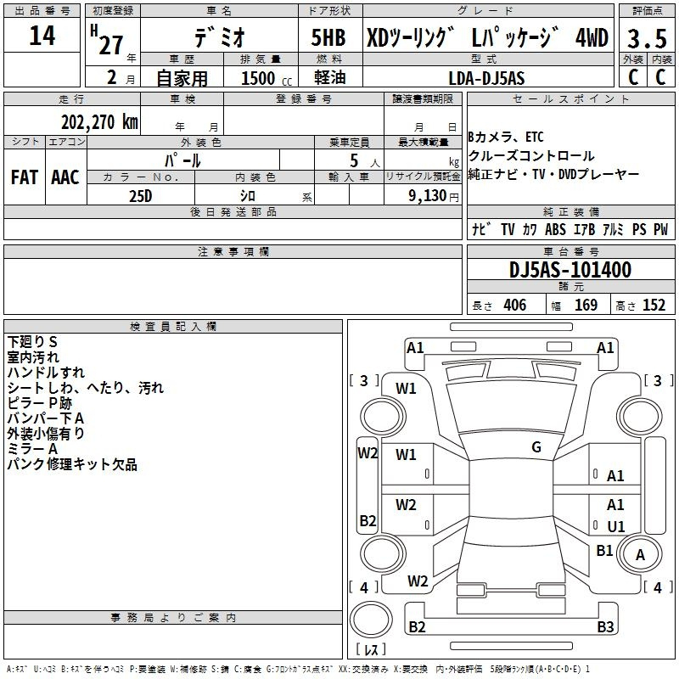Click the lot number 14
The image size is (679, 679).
click(x=42, y=36)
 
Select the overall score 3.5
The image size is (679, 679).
click(x=647, y=39)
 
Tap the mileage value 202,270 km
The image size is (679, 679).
click(x=99, y=122)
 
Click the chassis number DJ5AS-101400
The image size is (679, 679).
click(x=570, y=270)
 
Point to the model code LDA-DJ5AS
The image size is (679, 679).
click(x=486, y=78)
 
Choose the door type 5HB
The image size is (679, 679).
click(x=328, y=37)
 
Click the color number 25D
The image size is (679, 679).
click(x=141, y=196)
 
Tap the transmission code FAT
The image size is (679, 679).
click(x=25, y=177)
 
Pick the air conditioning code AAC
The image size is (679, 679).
click(x=65, y=177)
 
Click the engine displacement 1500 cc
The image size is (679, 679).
click(x=267, y=78)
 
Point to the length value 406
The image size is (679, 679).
click(x=515, y=305)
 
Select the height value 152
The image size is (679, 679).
click(x=654, y=305)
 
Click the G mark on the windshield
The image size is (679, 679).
click(x=536, y=447)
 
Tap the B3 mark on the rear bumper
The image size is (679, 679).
click(x=605, y=626)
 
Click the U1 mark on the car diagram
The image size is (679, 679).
click(x=616, y=526)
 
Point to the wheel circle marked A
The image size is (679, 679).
click(x=640, y=554)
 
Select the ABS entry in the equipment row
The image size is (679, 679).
click(x=556, y=229)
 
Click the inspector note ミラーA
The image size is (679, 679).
click(x=32, y=449)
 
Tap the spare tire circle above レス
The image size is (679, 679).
click(x=371, y=619)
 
